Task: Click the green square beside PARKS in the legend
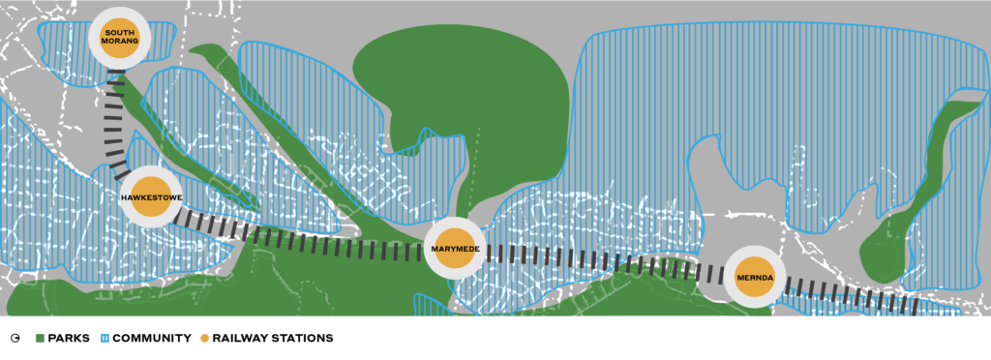click(41, 339)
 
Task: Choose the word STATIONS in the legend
click(304, 339)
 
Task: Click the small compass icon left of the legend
click(15, 339)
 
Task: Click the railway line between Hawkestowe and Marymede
click(300, 239)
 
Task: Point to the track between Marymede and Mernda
click(600, 260)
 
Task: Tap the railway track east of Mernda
click(852, 296)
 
